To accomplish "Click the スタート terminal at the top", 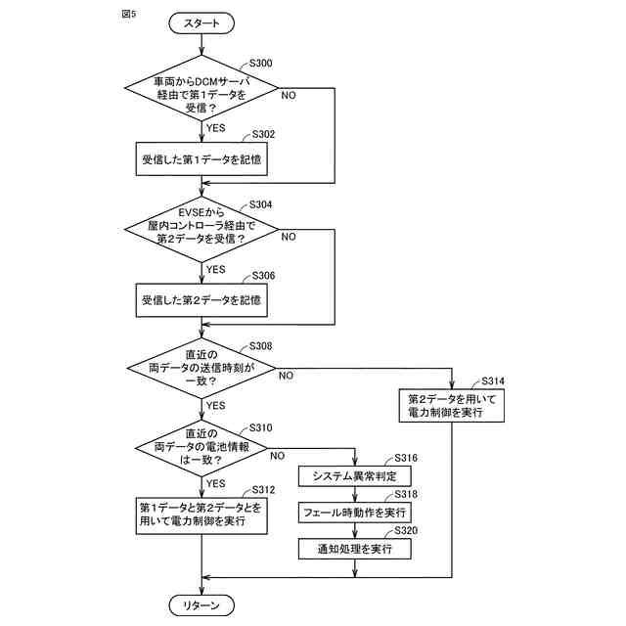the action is coord(201,23).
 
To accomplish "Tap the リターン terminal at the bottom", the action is coord(201,605).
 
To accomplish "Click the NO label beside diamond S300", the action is coord(289,96).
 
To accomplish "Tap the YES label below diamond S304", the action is coord(216,270).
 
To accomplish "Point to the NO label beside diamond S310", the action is coord(278,456).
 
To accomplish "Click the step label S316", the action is coord(406,458).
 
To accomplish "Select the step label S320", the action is coord(406,530).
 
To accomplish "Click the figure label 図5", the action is coord(129,14).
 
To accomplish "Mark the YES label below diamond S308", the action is coord(216,406).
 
